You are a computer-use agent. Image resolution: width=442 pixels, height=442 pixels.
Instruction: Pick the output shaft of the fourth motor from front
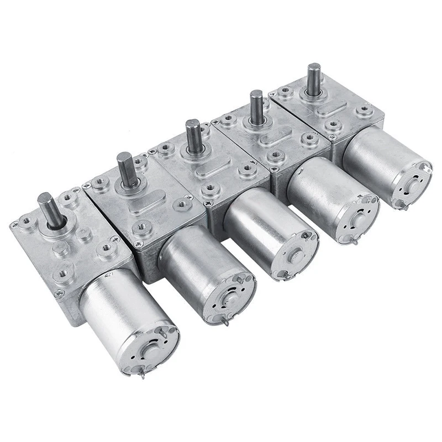point(256,106)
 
